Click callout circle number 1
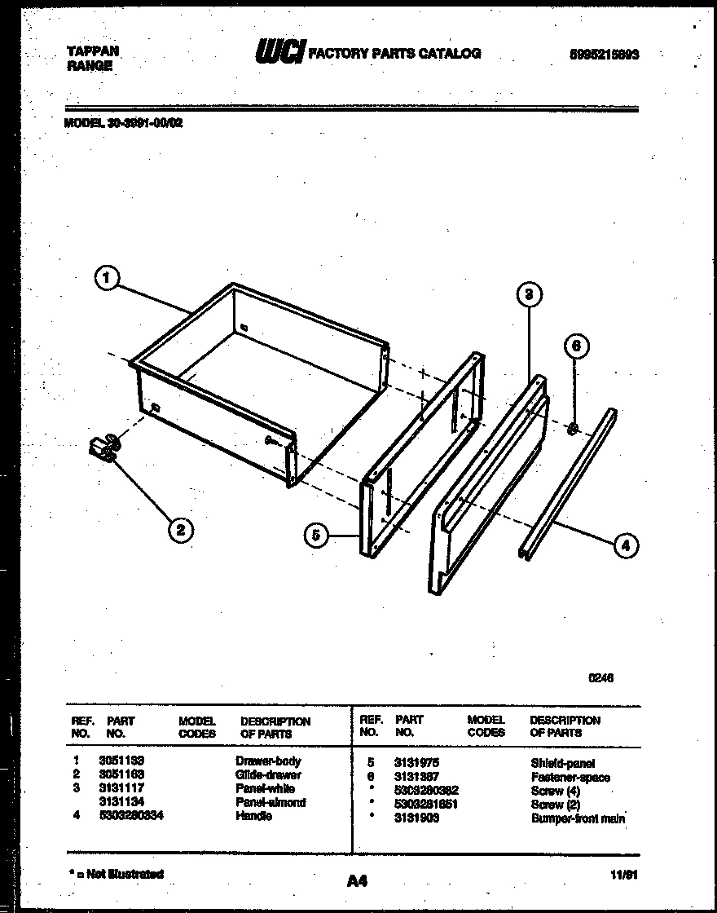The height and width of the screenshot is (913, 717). pos(105,280)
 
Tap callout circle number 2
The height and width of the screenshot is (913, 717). pos(180,530)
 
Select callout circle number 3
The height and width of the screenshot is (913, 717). pos(529,294)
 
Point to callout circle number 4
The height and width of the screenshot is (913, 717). pos(625,545)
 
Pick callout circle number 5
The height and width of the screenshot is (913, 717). pos(316,536)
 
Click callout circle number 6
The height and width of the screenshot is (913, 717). pos(575,346)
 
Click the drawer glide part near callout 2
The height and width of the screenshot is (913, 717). pos(103,448)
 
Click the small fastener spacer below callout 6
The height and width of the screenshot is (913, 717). pos(574,428)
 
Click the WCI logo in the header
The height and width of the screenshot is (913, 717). pos(279,53)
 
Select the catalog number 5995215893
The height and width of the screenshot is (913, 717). pos(604,55)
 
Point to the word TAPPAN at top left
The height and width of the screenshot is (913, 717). pos(92,51)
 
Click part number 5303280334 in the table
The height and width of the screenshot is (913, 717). pos(131,816)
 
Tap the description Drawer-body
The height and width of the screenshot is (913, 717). pos(268,761)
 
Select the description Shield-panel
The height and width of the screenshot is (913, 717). pos(563,764)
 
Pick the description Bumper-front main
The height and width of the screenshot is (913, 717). pos(578,818)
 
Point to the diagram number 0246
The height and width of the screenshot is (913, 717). pos(601,677)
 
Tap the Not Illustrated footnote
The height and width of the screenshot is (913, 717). pos(117,874)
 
